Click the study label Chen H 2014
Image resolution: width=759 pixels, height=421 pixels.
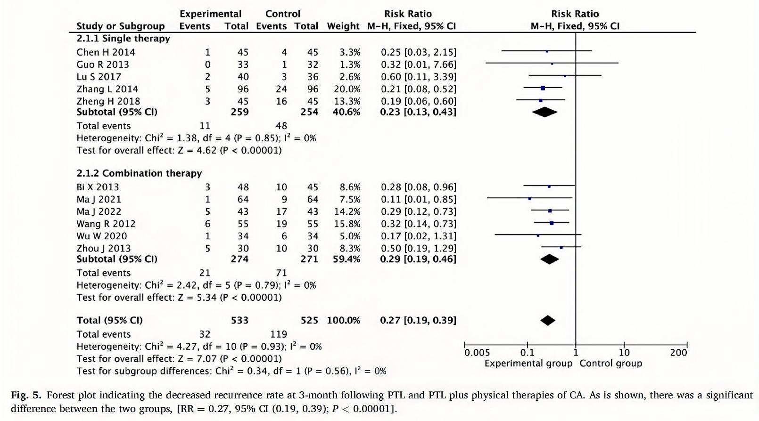[106, 52]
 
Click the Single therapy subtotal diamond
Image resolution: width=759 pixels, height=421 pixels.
[544, 112]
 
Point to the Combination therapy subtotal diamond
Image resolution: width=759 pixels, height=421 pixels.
[550, 259]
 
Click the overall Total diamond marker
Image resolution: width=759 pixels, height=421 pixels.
[548, 320]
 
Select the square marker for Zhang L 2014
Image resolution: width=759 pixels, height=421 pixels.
[543, 88]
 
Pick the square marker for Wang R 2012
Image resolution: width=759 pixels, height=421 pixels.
[552, 223]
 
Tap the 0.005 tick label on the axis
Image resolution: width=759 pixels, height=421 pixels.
[477, 353]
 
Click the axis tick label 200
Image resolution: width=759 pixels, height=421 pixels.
[678, 353]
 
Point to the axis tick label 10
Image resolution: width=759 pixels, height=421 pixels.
[624, 353]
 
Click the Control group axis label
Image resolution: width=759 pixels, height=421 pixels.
[610, 364]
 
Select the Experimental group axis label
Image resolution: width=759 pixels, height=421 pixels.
[528, 364]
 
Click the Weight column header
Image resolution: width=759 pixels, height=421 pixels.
[343, 26]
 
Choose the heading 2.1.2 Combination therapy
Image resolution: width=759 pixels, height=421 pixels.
[139, 173]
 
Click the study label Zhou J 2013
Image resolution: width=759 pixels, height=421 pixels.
[104, 248]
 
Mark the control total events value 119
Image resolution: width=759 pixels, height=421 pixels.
[279, 334]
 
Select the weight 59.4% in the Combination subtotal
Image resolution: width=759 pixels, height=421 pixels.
[346, 259]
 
